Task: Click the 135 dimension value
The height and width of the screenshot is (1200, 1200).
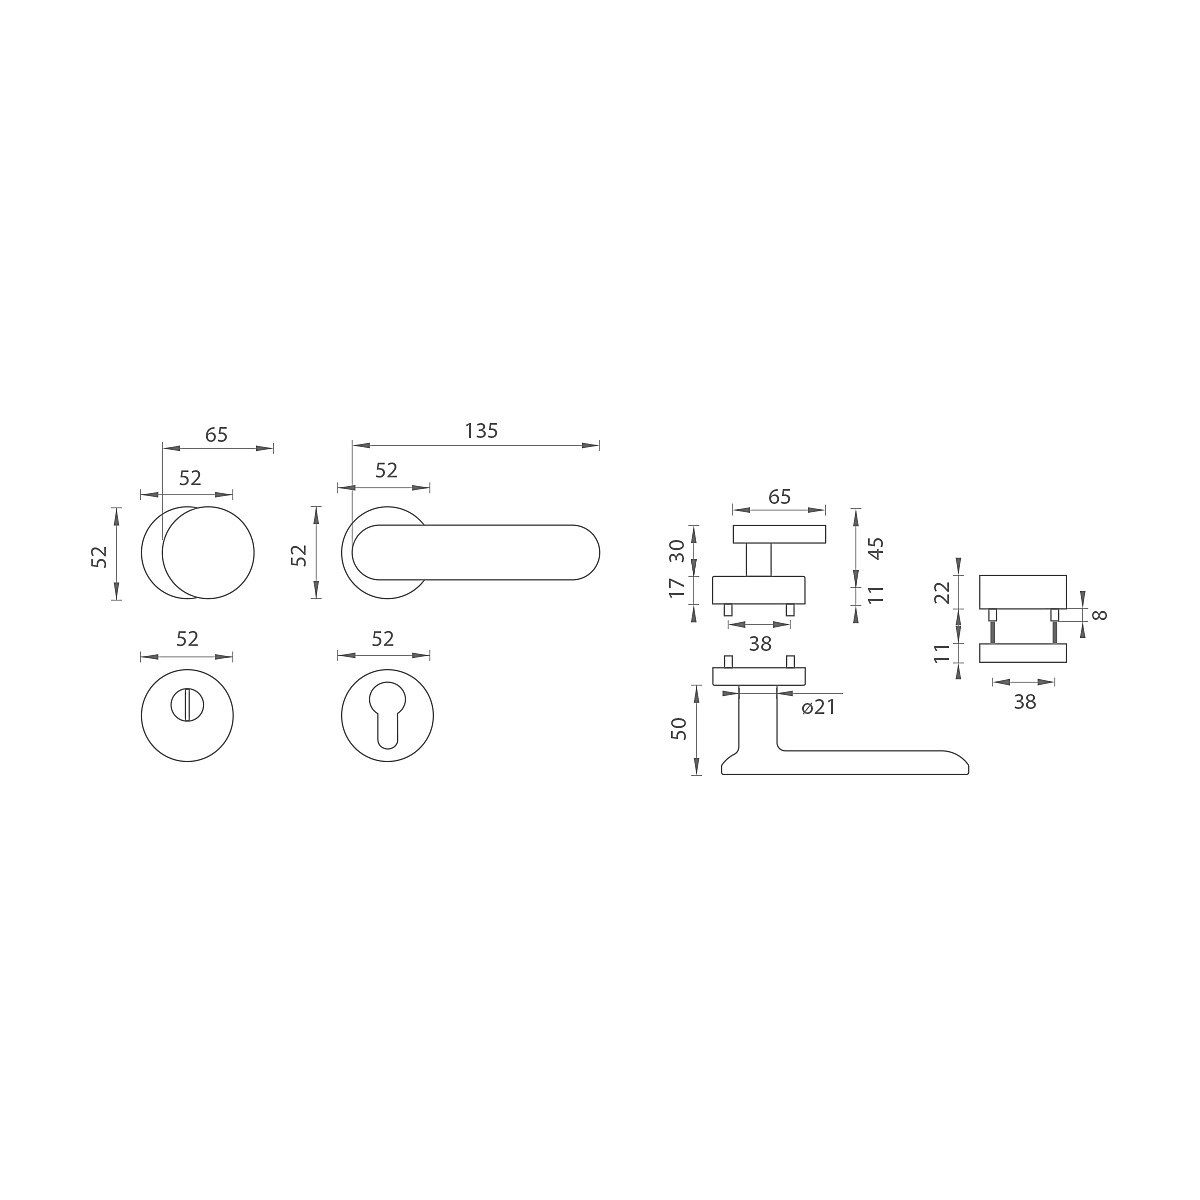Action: (481, 431)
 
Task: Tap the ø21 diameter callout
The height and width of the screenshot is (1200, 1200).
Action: (818, 707)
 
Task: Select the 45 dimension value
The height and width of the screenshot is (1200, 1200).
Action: (876, 548)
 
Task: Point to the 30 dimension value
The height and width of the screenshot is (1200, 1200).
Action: (677, 550)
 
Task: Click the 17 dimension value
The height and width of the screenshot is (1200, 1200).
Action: (677, 588)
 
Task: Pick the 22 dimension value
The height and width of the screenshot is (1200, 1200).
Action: (943, 592)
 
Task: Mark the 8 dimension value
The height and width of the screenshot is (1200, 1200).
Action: (1100, 615)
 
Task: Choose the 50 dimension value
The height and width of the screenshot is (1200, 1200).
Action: (679, 729)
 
